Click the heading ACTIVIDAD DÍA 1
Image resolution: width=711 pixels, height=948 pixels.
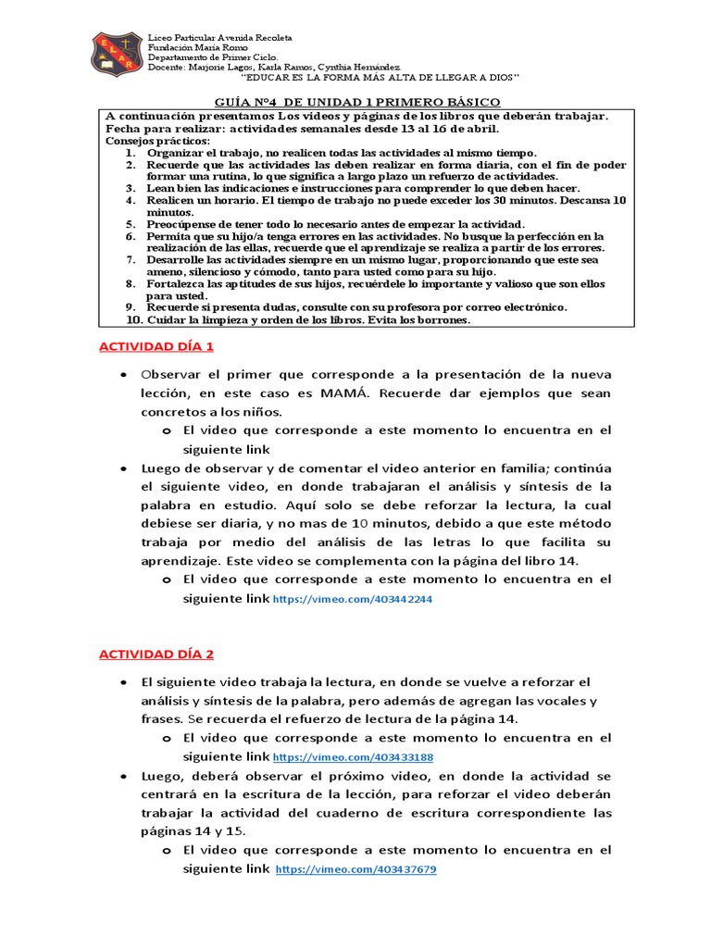[156, 346]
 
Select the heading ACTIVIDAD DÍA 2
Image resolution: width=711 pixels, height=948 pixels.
[156, 655]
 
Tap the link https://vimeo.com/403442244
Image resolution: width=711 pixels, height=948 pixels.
[353, 600]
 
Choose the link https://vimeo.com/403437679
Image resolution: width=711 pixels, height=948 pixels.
[356, 870]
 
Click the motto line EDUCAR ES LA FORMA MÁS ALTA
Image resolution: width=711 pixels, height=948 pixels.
[380, 78]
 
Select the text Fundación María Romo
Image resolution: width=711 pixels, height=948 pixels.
[193, 47]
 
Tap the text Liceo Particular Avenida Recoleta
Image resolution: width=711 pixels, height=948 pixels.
[220, 37]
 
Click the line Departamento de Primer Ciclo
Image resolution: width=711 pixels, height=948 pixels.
[207, 57]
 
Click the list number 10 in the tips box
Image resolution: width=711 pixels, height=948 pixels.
[133, 320]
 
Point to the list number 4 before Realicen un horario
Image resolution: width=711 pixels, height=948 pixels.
[131, 200]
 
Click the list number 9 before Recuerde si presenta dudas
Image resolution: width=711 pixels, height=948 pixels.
[131, 307]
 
